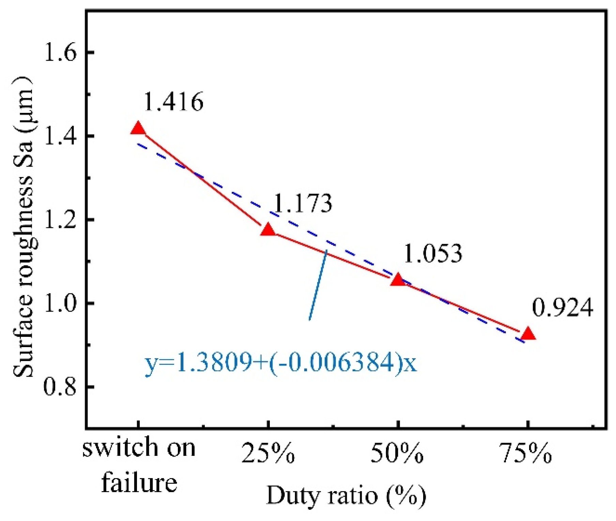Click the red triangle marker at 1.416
point(138,129)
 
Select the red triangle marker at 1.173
point(268,230)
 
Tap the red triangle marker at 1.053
point(398,280)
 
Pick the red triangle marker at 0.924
point(528,334)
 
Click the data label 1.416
point(173,102)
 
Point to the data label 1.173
point(303,203)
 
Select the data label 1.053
point(433,253)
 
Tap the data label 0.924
point(563,308)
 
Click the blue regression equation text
point(281,363)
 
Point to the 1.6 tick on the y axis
point(60,53)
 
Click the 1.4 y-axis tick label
point(60,136)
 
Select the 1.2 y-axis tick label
point(60,220)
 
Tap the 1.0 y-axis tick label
point(60,303)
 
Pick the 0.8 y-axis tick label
point(60,387)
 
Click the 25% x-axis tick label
point(268,454)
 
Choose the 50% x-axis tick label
point(397,454)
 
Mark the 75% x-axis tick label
point(527,454)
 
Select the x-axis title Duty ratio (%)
point(346,495)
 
